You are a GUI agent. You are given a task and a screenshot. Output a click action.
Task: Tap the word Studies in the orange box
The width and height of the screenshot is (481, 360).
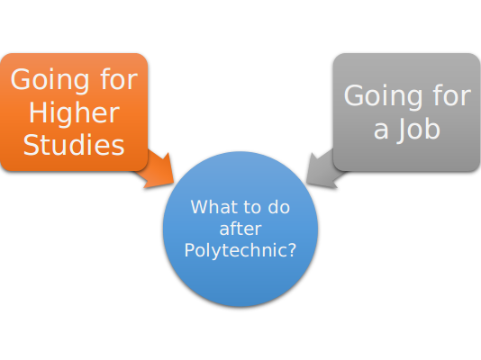(74, 145)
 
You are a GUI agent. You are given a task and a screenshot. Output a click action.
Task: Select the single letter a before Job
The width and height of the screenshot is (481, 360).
(381, 130)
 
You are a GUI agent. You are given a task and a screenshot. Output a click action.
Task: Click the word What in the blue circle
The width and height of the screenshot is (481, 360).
(212, 207)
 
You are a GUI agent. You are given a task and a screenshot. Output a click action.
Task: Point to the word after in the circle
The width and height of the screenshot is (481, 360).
(240, 229)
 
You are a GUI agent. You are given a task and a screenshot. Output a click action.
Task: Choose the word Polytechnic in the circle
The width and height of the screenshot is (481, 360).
(236, 250)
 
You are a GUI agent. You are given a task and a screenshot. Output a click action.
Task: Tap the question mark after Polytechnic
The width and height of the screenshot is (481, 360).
(292, 249)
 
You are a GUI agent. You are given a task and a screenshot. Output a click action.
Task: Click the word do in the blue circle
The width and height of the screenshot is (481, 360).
(279, 207)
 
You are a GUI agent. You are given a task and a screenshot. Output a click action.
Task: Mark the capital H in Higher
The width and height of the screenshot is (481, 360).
(37, 112)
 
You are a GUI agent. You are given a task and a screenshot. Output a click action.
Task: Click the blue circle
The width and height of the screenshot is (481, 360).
(240, 229)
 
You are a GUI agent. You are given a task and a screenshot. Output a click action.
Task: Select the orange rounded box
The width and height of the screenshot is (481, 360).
(74, 112)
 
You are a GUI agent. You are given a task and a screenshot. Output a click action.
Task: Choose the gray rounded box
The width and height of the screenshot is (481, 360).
(407, 112)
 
